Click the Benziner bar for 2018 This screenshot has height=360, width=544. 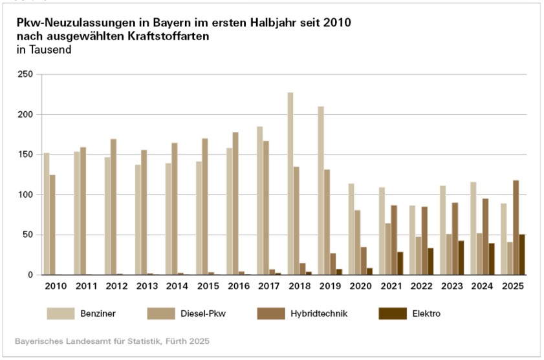point(290,184)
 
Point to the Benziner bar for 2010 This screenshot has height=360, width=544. point(47,214)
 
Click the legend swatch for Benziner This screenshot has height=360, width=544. point(61,313)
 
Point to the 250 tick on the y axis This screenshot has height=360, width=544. point(25,74)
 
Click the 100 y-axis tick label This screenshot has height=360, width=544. point(25,195)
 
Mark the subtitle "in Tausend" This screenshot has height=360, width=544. point(44,49)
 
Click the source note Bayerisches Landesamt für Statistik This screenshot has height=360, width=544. point(113,341)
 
